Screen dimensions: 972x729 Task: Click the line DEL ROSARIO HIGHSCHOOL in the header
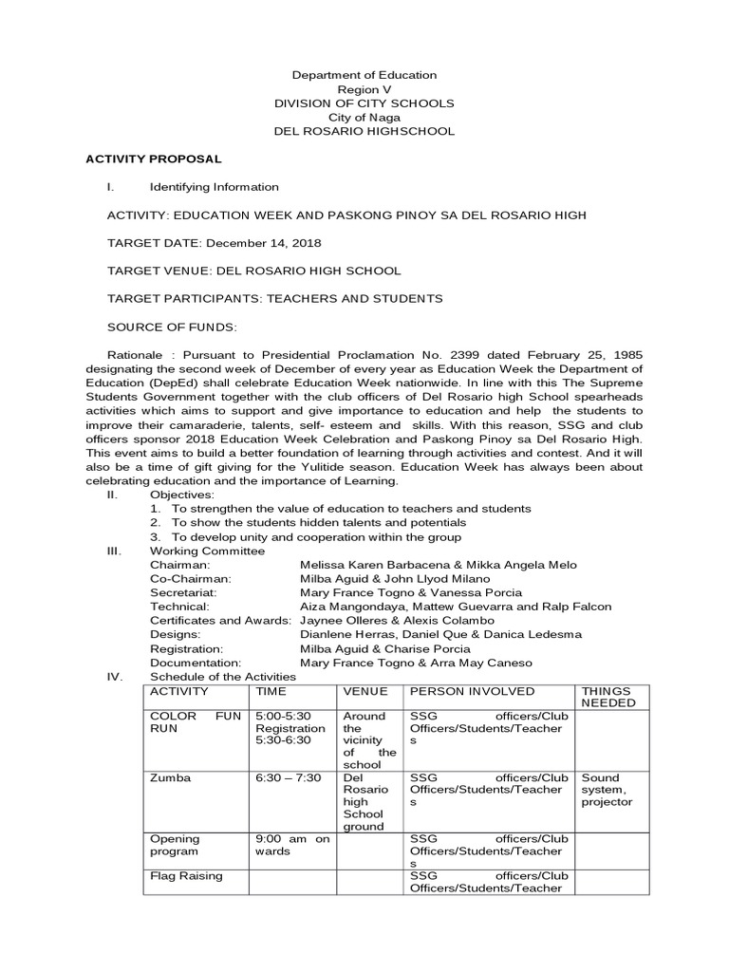364,131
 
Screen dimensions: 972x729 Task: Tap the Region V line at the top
364,88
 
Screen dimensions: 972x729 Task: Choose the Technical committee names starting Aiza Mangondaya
455,607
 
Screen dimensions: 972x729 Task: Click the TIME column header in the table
271,691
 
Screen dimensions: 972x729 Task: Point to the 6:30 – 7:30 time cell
289,777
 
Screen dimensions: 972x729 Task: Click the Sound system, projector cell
607,790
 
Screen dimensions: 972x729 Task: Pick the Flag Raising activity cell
186,876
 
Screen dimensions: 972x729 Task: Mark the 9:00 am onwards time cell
291,845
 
